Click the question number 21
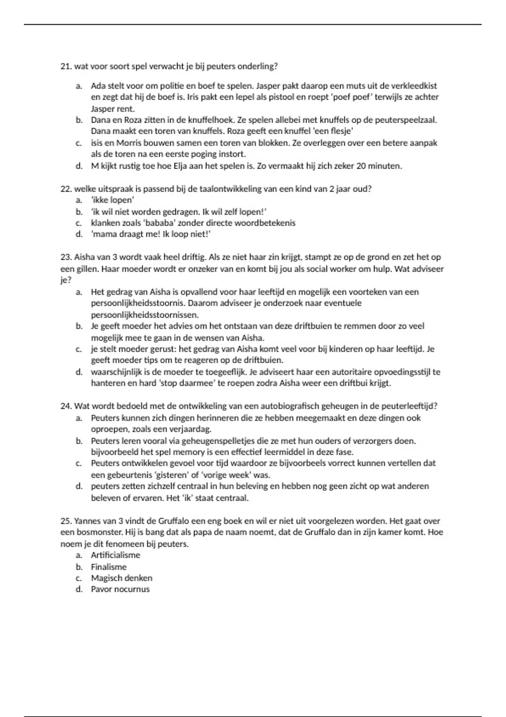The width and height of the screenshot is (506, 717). pyautogui.click(x=66, y=67)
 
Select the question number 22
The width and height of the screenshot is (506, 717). pyautogui.click(x=66, y=189)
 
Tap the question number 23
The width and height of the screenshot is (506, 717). pyautogui.click(x=66, y=257)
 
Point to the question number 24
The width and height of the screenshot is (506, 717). pyautogui.click(x=66, y=406)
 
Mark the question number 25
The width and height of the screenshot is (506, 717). pyautogui.click(x=66, y=521)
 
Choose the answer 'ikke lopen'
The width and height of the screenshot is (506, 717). pyautogui.click(x=113, y=200)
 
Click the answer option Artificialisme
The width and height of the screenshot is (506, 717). pyautogui.click(x=116, y=555)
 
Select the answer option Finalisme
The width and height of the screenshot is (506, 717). pyautogui.click(x=109, y=567)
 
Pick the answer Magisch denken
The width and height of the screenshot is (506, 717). pyautogui.click(x=122, y=578)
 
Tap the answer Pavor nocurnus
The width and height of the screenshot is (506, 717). pyautogui.click(x=120, y=590)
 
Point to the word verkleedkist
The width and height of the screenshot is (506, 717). pyautogui.click(x=414, y=86)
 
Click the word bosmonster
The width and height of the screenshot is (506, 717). pyautogui.click(x=97, y=533)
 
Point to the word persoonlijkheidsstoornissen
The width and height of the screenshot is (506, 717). pyautogui.click(x=144, y=315)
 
